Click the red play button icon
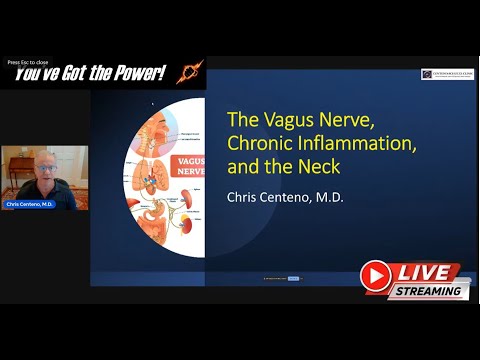point(376,274)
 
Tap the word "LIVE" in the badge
point(424,272)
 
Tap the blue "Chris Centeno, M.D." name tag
point(29,203)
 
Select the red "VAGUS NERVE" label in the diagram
point(189,166)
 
